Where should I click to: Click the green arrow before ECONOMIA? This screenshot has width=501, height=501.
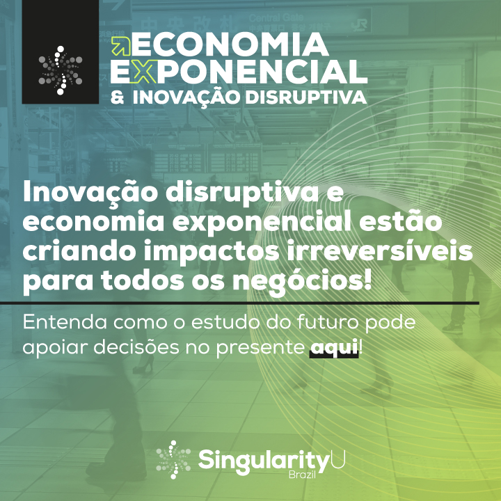point(121,46)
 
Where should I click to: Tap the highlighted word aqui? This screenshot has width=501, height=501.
point(334,347)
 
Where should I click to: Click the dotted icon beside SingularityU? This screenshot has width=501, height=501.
point(174,460)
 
